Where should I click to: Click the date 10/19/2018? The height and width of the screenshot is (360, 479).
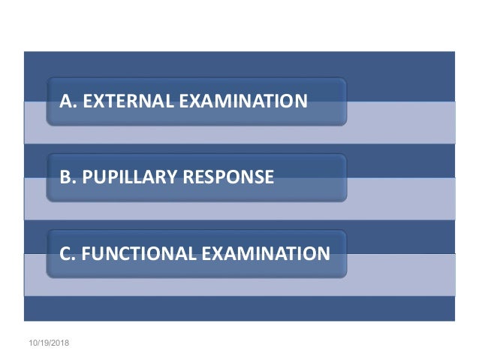click(47, 342)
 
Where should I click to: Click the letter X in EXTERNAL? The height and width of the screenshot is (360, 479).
click(95, 101)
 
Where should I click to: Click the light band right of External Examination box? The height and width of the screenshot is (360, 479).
click(402, 122)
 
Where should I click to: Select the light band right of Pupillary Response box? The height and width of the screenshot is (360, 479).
click(402, 198)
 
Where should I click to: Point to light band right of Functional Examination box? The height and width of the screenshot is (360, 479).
click(402, 274)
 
